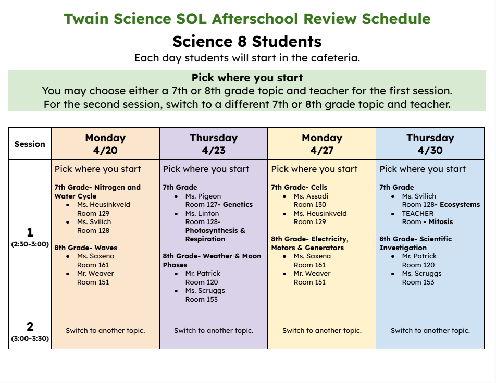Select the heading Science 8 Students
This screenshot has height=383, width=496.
[x=247, y=41]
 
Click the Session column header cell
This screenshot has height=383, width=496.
[x=30, y=144]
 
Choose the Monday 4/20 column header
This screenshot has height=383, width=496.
[x=105, y=144]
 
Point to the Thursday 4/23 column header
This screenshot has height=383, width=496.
[x=214, y=144]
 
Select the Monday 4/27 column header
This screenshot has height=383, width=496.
[x=322, y=144]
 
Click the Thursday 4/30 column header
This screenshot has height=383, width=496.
[x=430, y=144]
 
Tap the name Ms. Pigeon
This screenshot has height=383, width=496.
[x=203, y=196]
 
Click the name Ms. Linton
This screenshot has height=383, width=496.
[x=202, y=213]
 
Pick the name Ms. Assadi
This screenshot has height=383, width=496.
[x=311, y=196]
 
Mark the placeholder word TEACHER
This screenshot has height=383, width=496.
[x=418, y=213]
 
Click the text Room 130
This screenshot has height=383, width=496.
[x=310, y=205]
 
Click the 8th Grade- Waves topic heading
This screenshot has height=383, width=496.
[x=86, y=248]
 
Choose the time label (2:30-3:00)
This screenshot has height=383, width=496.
[x=30, y=244]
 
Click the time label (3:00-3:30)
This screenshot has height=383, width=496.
[x=30, y=339]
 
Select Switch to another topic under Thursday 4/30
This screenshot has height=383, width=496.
[x=430, y=330]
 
